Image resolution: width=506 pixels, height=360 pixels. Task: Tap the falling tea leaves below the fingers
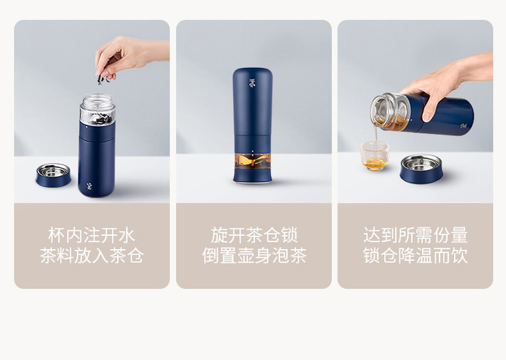103,78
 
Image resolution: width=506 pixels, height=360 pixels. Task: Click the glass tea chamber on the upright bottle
97,109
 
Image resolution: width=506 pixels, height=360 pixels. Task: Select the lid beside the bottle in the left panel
53,175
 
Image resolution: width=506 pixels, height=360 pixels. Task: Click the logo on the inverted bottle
252,82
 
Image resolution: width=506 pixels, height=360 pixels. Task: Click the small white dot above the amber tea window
252,151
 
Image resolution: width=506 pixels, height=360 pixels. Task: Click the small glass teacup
375,156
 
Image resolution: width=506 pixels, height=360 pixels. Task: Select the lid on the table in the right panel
421,169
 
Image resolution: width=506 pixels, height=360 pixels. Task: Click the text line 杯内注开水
91,235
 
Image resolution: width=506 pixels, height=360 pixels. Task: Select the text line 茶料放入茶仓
91,256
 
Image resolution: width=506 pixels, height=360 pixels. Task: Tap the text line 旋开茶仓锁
254,235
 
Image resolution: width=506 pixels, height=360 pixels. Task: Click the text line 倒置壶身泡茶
254,256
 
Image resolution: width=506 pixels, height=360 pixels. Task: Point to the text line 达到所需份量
415,235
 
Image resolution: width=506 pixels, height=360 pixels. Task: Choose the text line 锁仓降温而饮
415,256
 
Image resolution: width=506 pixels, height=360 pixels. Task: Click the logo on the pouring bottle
464,126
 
